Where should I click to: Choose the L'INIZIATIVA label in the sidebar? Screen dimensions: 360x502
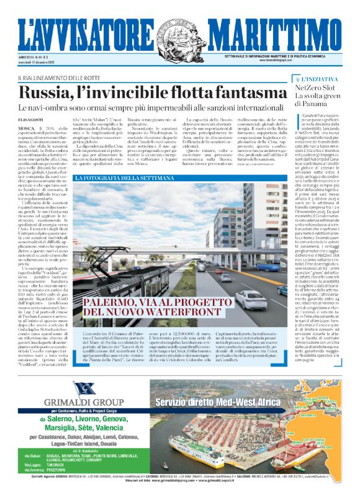324,79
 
